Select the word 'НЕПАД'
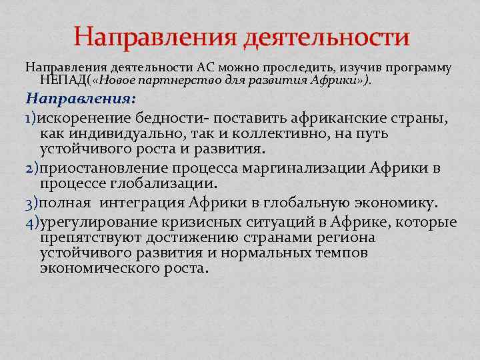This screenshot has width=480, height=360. [x=63, y=81]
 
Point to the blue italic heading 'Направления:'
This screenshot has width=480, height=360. [x=81, y=98]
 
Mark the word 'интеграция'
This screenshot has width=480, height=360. [x=145, y=203]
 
